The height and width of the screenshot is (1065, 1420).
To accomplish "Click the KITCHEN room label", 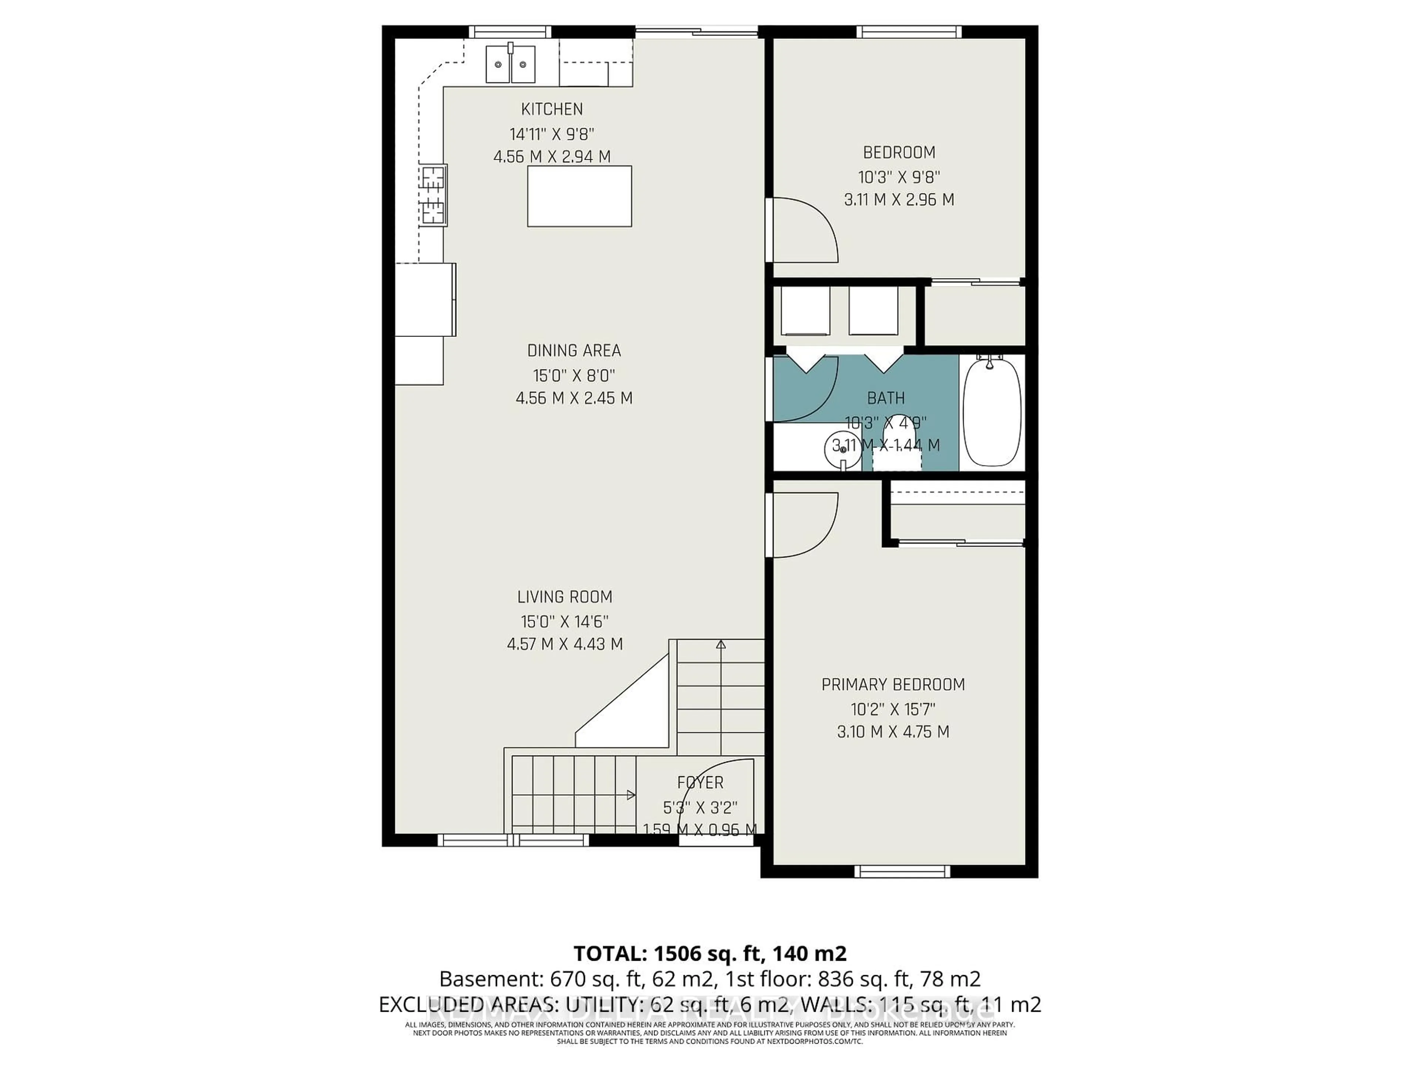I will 551,109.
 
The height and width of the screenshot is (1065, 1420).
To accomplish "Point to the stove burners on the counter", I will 433,195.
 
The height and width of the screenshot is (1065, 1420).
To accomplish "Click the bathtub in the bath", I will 992,412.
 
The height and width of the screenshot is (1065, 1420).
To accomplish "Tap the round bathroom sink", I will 842,450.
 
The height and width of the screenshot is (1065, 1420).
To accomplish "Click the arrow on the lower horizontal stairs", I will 630,795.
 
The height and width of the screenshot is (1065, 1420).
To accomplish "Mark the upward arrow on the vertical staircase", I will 721,645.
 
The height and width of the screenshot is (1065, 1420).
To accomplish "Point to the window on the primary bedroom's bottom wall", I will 902,871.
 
